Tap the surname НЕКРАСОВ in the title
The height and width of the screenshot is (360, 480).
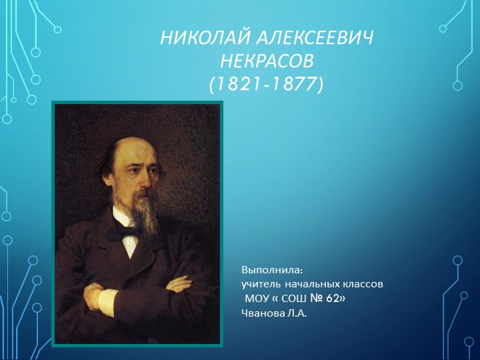pyautogui.click(x=266, y=62)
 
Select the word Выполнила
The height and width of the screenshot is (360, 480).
pyautogui.click(x=272, y=271)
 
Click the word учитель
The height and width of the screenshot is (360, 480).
pyautogui.click(x=259, y=284)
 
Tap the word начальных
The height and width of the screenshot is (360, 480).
pyautogui.click(x=310, y=284)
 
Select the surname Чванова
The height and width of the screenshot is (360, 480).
pyautogui.click(x=264, y=312)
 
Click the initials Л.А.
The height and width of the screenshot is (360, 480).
pyautogui.click(x=297, y=312)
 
